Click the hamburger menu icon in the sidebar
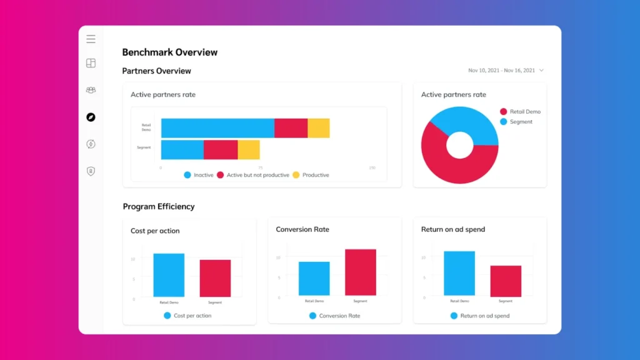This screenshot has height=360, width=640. [x=91, y=39]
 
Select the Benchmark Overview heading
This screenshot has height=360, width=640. [x=169, y=52]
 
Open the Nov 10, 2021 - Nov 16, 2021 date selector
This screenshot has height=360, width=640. [x=506, y=71]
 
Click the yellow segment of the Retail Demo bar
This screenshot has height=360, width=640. [x=319, y=128]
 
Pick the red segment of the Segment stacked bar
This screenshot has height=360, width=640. [x=221, y=150]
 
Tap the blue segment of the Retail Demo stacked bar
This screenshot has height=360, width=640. [x=217, y=128]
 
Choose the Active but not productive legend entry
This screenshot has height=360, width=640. [x=253, y=175]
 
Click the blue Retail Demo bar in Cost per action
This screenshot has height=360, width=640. [x=169, y=275]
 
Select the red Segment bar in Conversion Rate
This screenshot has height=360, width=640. [x=361, y=272]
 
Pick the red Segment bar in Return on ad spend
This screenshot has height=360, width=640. [x=506, y=281]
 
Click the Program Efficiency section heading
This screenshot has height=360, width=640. [x=159, y=207]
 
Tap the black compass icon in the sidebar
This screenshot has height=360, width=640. [x=91, y=117]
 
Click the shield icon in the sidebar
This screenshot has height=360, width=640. [x=91, y=171]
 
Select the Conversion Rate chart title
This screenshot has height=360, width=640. [x=302, y=229]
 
